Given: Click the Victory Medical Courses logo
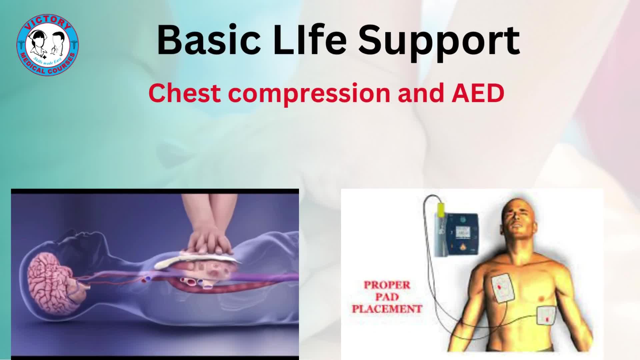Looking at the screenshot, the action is tap(48, 45).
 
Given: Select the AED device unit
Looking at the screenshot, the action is tap(458, 233).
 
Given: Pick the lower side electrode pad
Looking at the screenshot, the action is tap(546, 315).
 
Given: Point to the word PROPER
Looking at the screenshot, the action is tap(387, 285).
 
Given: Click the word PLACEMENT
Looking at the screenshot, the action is tap(387, 309).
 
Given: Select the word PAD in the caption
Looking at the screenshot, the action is tap(387, 297).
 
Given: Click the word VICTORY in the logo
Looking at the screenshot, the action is tap(48, 22).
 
